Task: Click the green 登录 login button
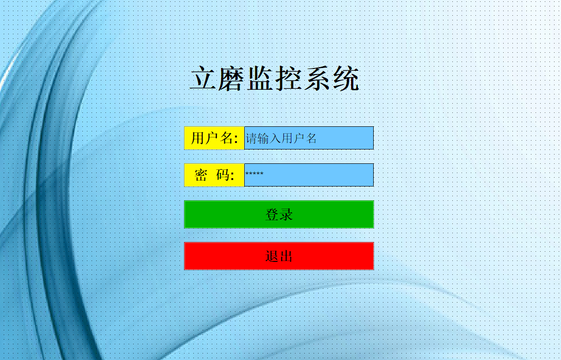click(x=279, y=214)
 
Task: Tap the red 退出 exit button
click(x=279, y=256)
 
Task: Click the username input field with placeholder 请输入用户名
click(x=309, y=138)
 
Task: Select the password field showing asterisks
click(x=309, y=175)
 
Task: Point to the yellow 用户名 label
click(x=215, y=138)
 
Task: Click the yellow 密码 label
click(x=215, y=175)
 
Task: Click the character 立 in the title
click(x=203, y=78)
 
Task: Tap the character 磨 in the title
click(x=231, y=78)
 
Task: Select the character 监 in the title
click(x=260, y=78)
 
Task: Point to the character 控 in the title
click(x=288, y=78)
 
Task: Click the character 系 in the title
click(x=317, y=78)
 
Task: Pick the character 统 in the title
click(x=346, y=78)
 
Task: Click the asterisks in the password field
click(x=254, y=174)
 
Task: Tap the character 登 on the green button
click(x=272, y=215)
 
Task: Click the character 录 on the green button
click(x=286, y=215)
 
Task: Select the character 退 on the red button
click(x=272, y=256)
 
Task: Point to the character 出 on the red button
click(x=286, y=256)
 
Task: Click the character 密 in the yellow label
click(x=201, y=175)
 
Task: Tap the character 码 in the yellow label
click(x=222, y=175)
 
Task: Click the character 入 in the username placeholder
click(x=275, y=138)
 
